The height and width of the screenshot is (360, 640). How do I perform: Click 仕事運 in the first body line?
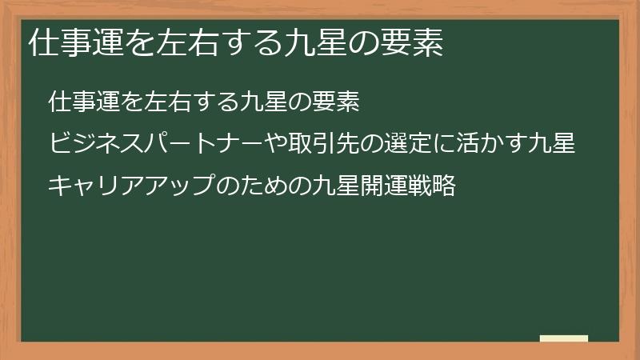(80, 103)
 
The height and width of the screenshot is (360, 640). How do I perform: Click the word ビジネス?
(90, 145)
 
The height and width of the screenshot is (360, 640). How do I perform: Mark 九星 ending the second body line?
(554, 145)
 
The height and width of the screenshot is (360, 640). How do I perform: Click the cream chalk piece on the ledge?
(564, 338)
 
